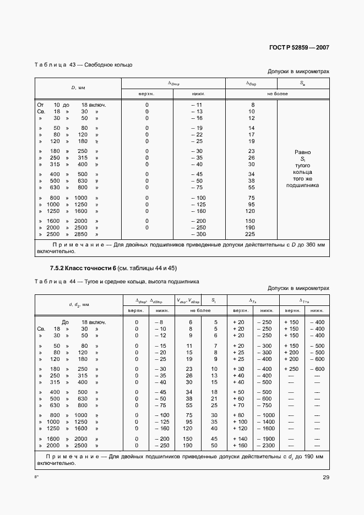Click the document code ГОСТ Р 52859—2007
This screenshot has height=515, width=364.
[299, 47]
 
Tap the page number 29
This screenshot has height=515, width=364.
[326, 477]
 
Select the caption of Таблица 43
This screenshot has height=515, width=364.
[83, 65]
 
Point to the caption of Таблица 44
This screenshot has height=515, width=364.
[117, 281]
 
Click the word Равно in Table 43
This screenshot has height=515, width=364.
[302, 152]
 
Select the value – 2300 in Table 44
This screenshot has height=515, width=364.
[267, 445]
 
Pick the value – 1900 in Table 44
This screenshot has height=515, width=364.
[267, 438]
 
